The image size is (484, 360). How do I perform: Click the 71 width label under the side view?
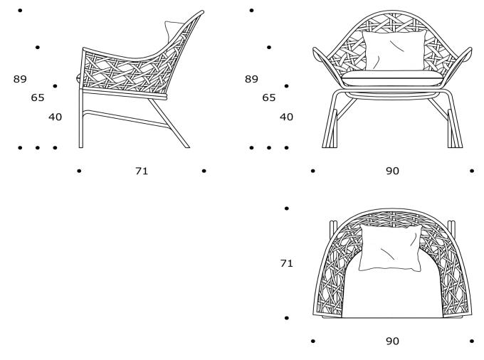pyautogui.click(x=142, y=171)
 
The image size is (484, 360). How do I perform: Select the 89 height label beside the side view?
pyautogui.click(x=20, y=79)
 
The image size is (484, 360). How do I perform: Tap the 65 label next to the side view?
pyautogui.click(x=38, y=97)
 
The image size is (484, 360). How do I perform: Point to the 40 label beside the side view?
pyautogui.click(x=56, y=117)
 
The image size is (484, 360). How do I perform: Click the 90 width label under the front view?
pyautogui.click(x=392, y=171)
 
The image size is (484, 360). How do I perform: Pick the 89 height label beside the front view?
pyautogui.click(x=251, y=79)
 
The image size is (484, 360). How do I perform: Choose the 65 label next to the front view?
pyautogui.click(x=269, y=97)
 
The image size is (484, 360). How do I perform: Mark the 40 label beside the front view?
pyautogui.click(x=286, y=117)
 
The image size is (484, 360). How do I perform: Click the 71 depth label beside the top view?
pyautogui.click(x=286, y=263)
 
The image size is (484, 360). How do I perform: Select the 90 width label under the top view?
pyautogui.click(x=392, y=341)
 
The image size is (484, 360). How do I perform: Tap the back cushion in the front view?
pyautogui.click(x=394, y=51)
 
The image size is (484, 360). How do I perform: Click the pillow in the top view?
pyautogui.click(x=390, y=248)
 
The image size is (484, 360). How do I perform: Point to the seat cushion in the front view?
pyautogui.click(x=392, y=78)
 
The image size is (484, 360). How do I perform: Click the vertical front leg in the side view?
pyautogui.click(x=81, y=118)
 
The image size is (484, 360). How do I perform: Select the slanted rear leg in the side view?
pyautogui.click(x=169, y=123)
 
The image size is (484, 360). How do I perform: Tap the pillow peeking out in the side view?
pyautogui.click(x=172, y=30)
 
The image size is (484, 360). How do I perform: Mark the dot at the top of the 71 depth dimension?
pyautogui.click(x=286, y=208)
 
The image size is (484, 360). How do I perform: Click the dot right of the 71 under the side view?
pyautogui.click(x=204, y=171)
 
